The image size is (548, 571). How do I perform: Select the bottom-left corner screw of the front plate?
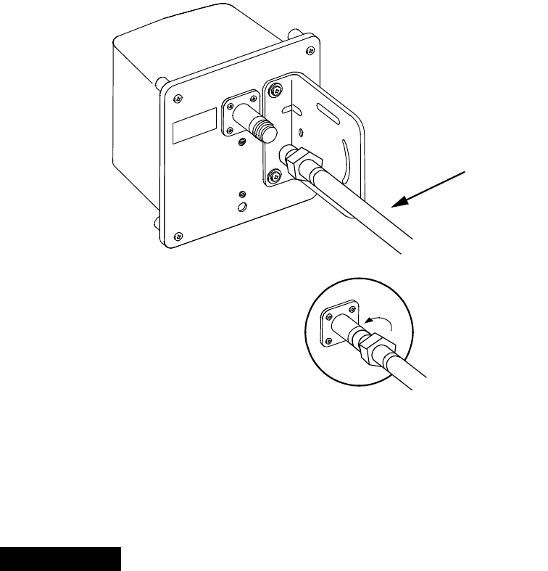(x=178, y=235)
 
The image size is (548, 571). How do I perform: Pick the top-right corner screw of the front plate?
(x=310, y=50)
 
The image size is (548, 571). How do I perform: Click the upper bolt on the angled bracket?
(x=276, y=91)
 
